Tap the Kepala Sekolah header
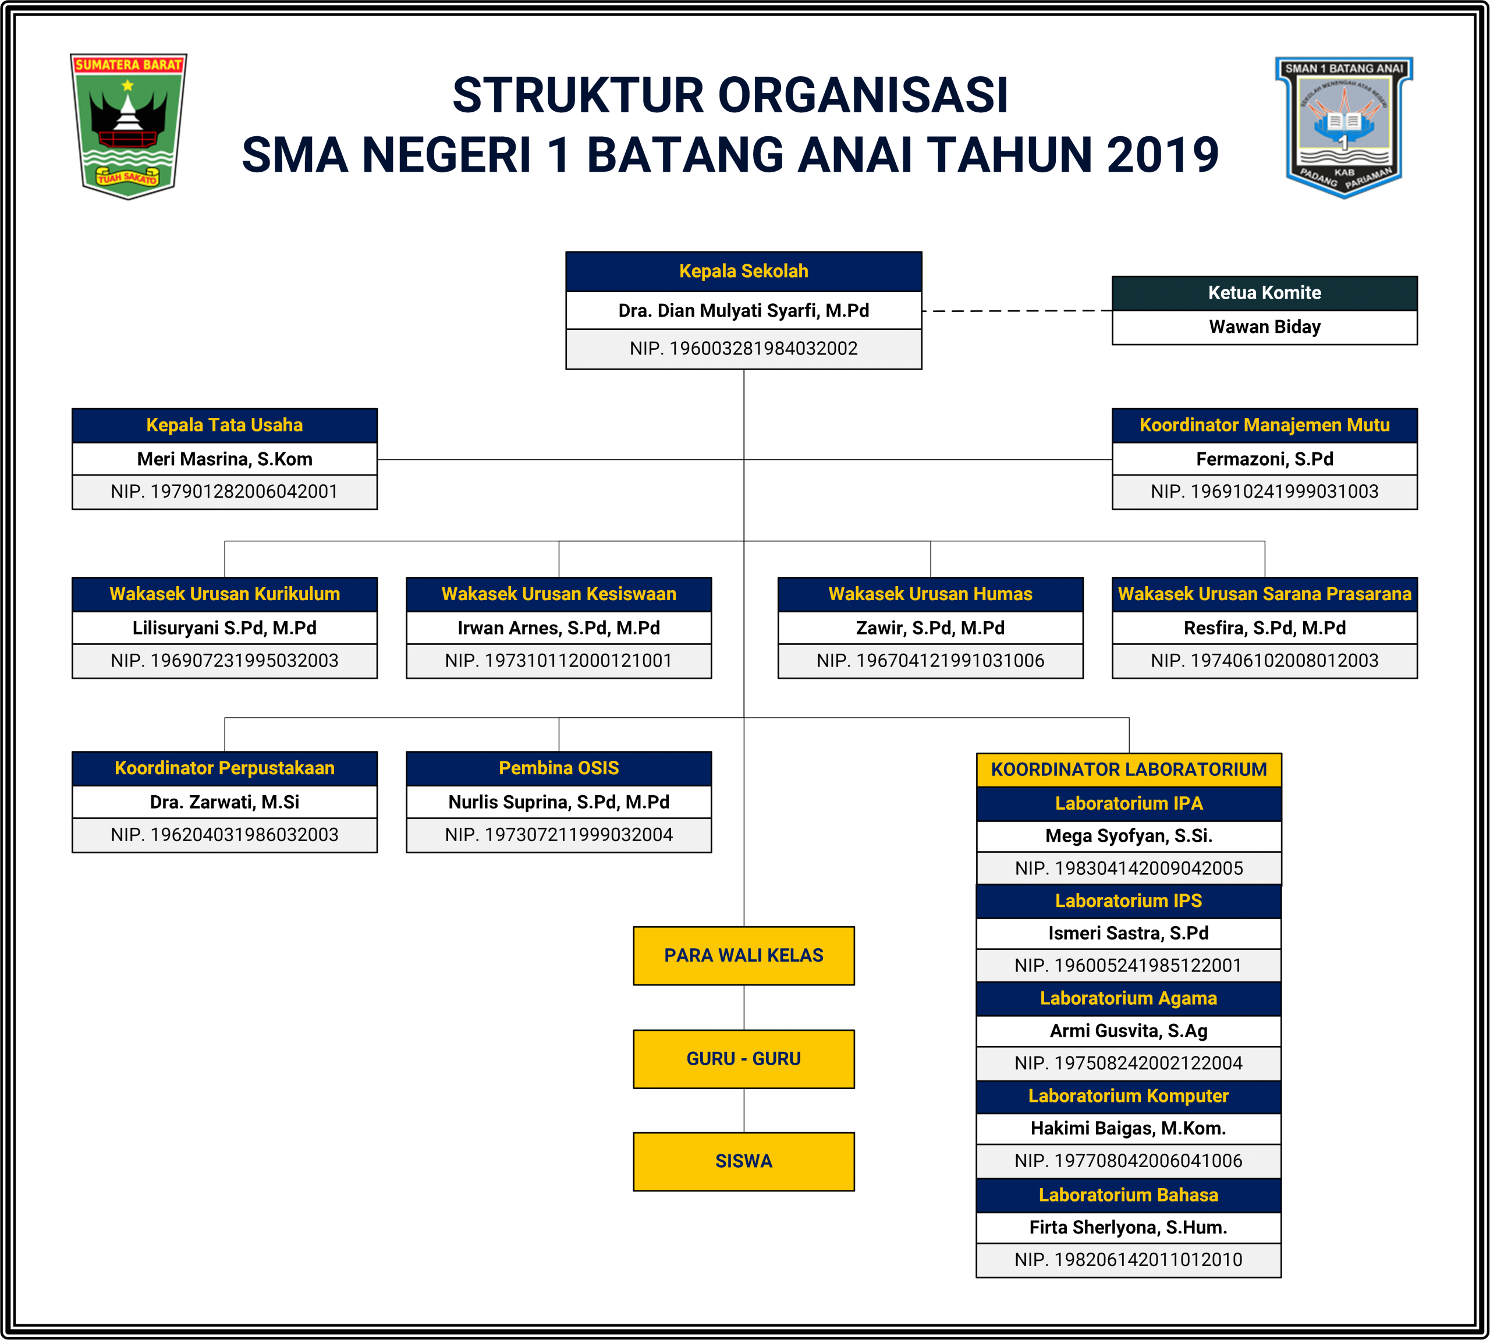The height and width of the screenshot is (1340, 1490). [x=743, y=271]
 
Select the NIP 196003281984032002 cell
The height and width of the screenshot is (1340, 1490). [x=743, y=348]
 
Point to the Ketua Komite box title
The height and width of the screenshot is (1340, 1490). [x=1264, y=293]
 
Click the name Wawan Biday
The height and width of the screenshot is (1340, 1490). [x=1264, y=327]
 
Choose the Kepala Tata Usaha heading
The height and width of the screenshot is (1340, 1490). [x=225, y=425]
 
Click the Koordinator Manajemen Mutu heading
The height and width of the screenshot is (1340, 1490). [x=1264, y=425]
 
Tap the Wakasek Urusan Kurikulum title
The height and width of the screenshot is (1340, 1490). [x=225, y=593]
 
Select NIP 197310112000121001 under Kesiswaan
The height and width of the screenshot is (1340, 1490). [x=559, y=661]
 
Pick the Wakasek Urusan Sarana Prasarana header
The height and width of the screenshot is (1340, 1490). [x=1264, y=593]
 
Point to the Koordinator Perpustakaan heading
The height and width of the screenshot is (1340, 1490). [x=225, y=768]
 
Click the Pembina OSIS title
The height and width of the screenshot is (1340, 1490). [x=559, y=768]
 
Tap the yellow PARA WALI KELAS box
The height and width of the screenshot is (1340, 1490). [x=743, y=955]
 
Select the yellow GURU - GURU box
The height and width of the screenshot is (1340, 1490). [x=743, y=1059]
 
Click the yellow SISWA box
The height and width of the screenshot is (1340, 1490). [x=743, y=1161]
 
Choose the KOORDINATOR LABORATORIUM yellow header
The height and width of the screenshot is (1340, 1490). [x=1129, y=770]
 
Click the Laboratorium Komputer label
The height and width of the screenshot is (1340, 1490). [x=1129, y=1096]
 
